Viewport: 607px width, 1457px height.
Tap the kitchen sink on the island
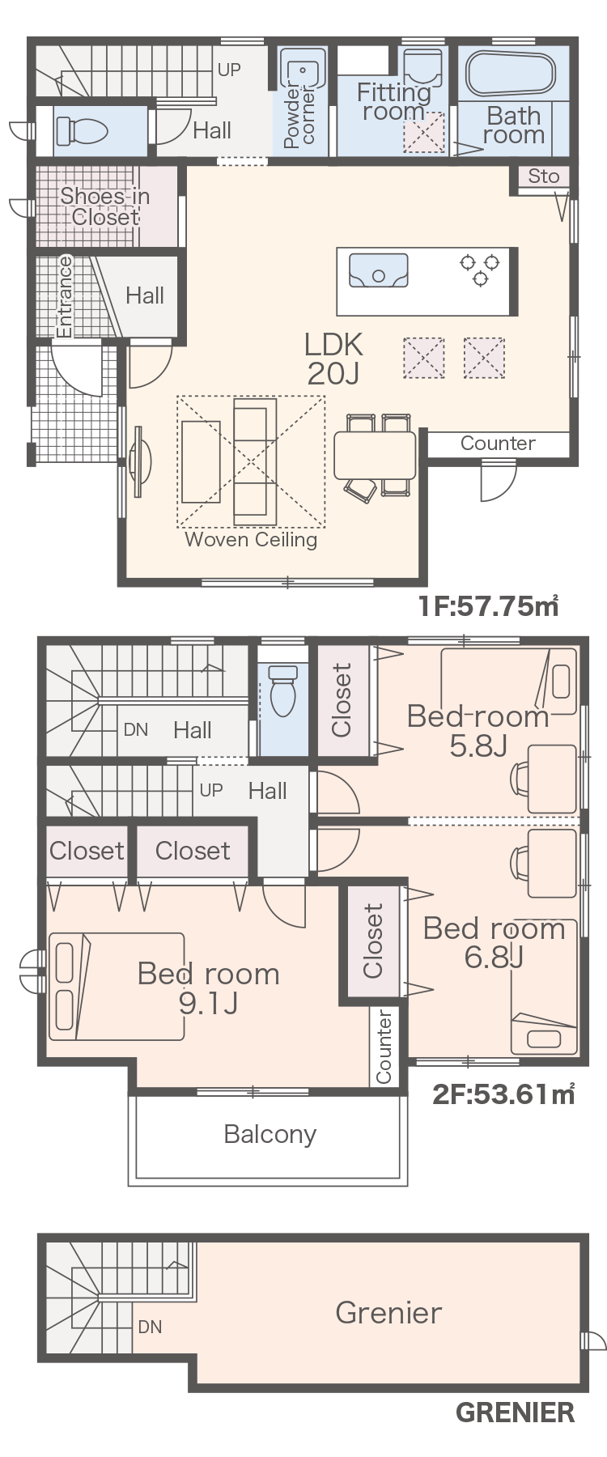(378, 270)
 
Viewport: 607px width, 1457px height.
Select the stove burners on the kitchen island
(480, 270)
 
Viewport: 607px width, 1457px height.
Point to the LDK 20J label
(333, 358)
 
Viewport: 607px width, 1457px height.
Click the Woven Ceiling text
(251, 539)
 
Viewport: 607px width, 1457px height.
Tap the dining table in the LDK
(375, 454)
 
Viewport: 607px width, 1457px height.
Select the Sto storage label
(544, 176)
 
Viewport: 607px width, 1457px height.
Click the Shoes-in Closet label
(105, 206)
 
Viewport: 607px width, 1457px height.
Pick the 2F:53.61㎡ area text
(503, 1094)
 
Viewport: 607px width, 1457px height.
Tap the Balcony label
(270, 1134)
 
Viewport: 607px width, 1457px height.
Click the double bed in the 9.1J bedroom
(117, 986)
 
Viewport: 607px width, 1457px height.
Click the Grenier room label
(388, 1312)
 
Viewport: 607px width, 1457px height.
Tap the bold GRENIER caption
(515, 1412)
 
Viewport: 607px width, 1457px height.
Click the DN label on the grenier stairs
(150, 1327)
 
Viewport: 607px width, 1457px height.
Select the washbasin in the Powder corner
(303, 71)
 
